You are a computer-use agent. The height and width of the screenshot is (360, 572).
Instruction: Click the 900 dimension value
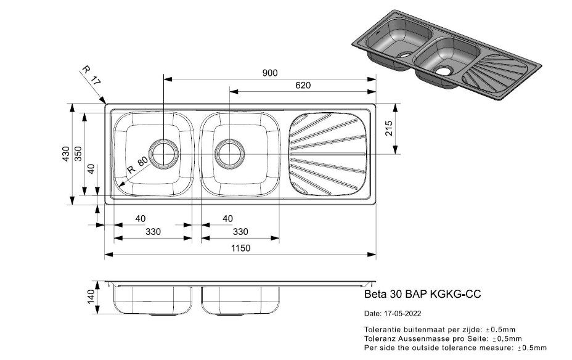click(270, 73)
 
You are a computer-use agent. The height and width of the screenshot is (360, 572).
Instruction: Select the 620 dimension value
click(303, 85)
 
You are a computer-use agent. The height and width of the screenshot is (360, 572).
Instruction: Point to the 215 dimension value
click(389, 129)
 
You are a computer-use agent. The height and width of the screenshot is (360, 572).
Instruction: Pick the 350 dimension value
click(78, 154)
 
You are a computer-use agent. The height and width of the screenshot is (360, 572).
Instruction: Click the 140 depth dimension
click(91, 297)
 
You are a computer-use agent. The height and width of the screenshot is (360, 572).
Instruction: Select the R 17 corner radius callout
click(91, 75)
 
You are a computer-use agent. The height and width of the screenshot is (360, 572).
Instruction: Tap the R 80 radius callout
click(137, 165)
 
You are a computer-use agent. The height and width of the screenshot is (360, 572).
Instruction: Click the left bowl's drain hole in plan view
click(164, 153)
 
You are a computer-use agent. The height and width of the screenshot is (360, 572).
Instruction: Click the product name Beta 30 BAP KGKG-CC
click(423, 295)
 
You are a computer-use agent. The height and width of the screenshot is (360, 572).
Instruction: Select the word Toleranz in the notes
click(381, 338)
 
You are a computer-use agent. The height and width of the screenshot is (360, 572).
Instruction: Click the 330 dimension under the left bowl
click(153, 232)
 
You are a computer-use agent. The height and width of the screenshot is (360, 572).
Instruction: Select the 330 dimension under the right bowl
click(240, 232)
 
